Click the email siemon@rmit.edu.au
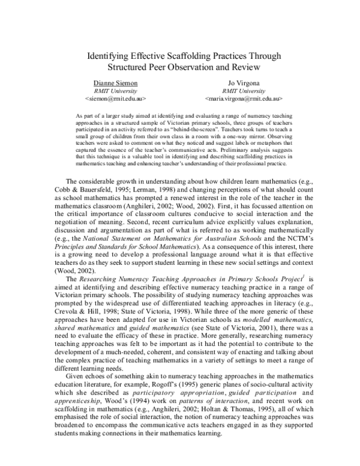pyautogui.click(x=115, y=97)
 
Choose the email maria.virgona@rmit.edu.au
pyautogui.click(x=244, y=97)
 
